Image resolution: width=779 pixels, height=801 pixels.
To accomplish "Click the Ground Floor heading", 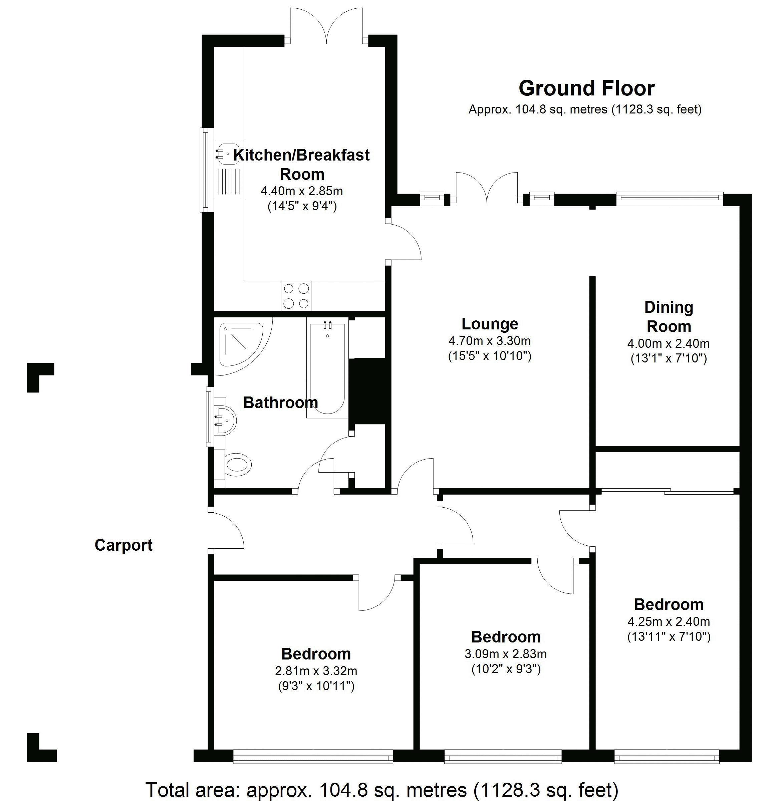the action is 586,88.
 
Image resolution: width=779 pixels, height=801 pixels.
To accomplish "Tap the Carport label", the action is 123,545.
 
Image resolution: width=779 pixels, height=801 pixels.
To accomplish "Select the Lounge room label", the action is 490,324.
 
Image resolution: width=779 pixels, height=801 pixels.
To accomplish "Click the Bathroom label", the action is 281,403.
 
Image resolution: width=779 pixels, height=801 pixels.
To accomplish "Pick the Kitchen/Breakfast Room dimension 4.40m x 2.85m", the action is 302,191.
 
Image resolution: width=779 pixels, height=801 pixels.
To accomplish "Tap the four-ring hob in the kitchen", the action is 296,296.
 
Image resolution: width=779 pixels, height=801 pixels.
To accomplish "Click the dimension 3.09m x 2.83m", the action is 506,654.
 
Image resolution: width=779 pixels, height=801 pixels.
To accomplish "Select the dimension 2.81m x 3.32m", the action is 316,671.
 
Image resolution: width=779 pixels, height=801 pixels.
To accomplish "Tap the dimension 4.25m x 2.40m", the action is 669,621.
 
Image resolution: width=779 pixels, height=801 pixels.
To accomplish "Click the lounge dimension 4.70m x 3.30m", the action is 490,340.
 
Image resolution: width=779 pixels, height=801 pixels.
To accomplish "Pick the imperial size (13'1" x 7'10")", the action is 669,358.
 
